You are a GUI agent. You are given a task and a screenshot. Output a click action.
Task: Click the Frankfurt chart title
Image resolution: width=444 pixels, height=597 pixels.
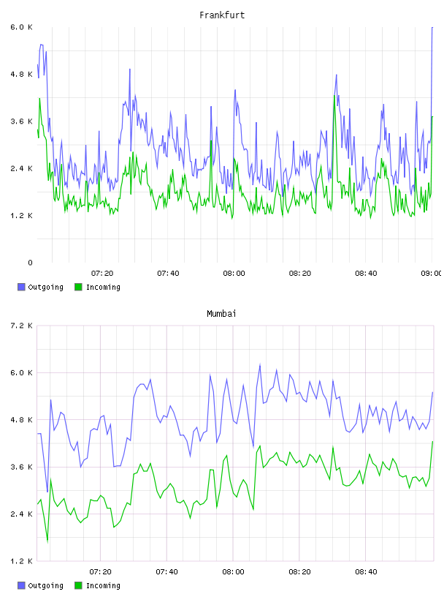tap(222, 15)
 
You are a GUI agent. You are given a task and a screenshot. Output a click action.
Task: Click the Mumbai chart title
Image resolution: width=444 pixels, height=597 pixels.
tap(221, 314)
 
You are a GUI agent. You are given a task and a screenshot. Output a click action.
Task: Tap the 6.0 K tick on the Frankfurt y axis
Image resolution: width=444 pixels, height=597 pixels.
tap(21, 27)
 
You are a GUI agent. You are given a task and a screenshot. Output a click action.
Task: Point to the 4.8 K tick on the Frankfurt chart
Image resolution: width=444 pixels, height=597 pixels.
tap(21, 74)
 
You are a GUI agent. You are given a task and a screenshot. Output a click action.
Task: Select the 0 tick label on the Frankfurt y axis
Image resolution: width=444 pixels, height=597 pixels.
tap(30, 263)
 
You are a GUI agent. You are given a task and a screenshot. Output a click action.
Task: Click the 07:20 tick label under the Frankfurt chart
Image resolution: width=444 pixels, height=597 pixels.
tap(102, 274)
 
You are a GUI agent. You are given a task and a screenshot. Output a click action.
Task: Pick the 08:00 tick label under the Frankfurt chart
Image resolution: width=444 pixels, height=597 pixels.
tap(234, 274)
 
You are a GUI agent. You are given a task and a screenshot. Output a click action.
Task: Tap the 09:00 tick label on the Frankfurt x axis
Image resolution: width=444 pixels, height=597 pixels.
tap(432, 274)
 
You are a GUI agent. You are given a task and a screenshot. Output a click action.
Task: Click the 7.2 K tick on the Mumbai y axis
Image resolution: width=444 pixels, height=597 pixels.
tap(21, 326)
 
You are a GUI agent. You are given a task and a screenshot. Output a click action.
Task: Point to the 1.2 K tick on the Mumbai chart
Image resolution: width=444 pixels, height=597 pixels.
tap(21, 561)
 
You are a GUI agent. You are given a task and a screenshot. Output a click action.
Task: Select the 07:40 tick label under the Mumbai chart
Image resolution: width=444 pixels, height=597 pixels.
tap(166, 572)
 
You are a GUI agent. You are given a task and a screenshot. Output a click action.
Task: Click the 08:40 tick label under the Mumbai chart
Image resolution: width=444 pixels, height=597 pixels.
tap(366, 572)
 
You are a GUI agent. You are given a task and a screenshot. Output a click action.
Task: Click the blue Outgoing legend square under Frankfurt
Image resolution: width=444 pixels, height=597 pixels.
tap(21, 287)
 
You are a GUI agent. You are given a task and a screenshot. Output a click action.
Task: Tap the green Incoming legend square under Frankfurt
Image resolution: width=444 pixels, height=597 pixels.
tap(78, 287)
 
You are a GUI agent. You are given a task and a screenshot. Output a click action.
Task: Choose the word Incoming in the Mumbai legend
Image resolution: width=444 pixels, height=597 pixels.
tap(103, 585)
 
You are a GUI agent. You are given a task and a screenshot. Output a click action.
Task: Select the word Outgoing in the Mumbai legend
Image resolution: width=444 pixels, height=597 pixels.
tap(45, 585)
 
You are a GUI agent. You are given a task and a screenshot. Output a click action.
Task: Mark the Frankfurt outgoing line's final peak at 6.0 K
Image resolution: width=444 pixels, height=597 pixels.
tap(432, 27)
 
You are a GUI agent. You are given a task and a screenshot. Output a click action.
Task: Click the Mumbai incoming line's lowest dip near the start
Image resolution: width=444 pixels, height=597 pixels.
tap(47, 541)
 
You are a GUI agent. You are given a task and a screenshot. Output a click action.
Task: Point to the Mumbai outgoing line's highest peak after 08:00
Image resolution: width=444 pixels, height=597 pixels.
tap(260, 364)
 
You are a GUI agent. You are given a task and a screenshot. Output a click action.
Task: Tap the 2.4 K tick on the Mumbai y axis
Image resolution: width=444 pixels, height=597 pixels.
tap(21, 514)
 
